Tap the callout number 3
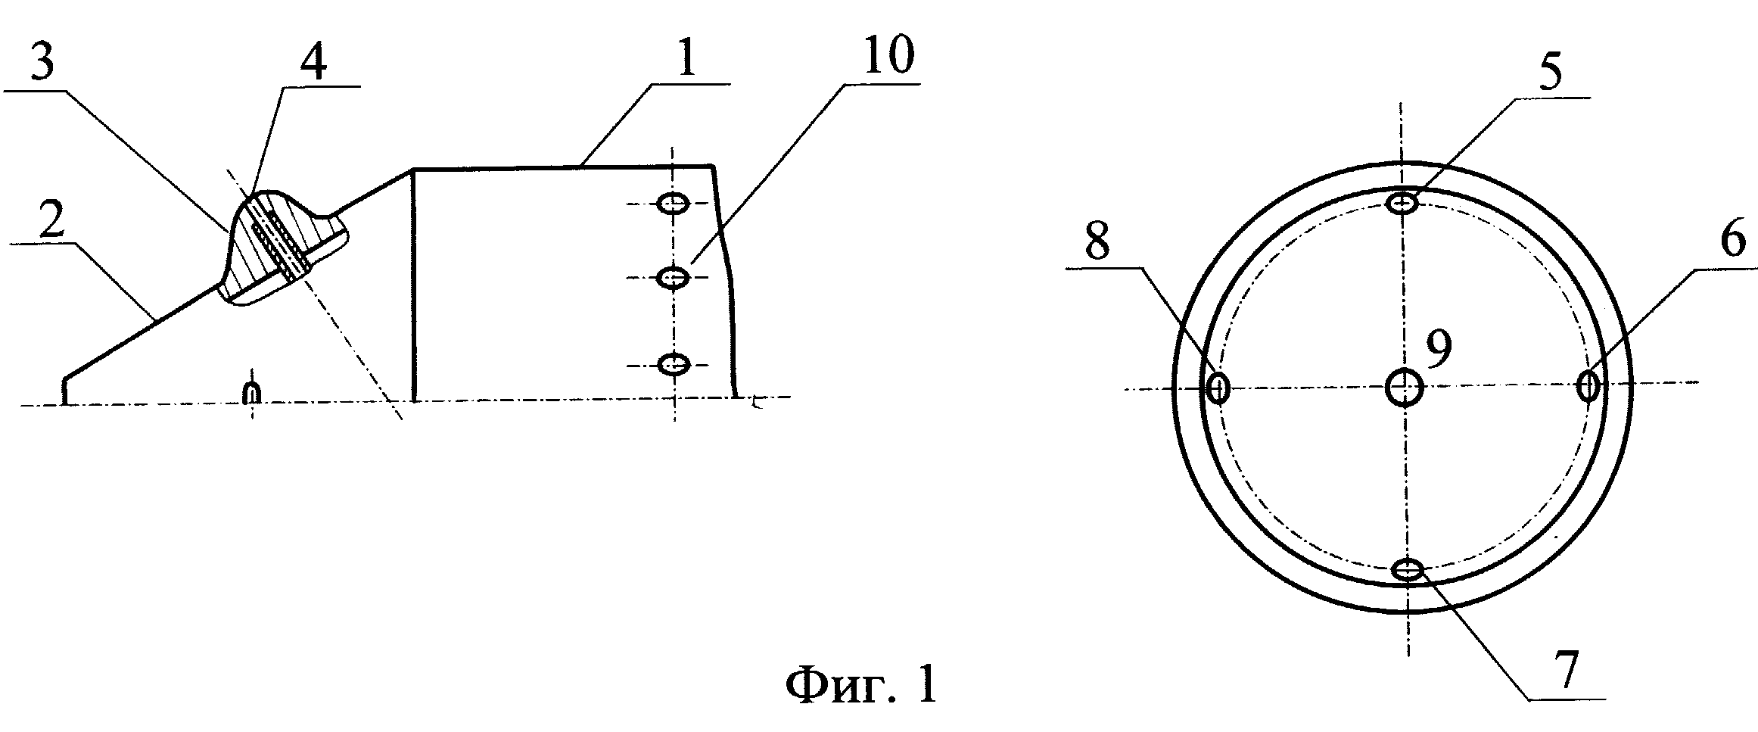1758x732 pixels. click(42, 63)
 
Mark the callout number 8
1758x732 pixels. click(1097, 241)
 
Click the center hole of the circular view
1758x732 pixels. click(1405, 388)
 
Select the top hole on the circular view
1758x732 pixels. click(1404, 203)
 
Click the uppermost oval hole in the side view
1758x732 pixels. click(673, 203)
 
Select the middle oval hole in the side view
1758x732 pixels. click(673, 278)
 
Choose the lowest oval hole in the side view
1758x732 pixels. click(673, 365)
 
